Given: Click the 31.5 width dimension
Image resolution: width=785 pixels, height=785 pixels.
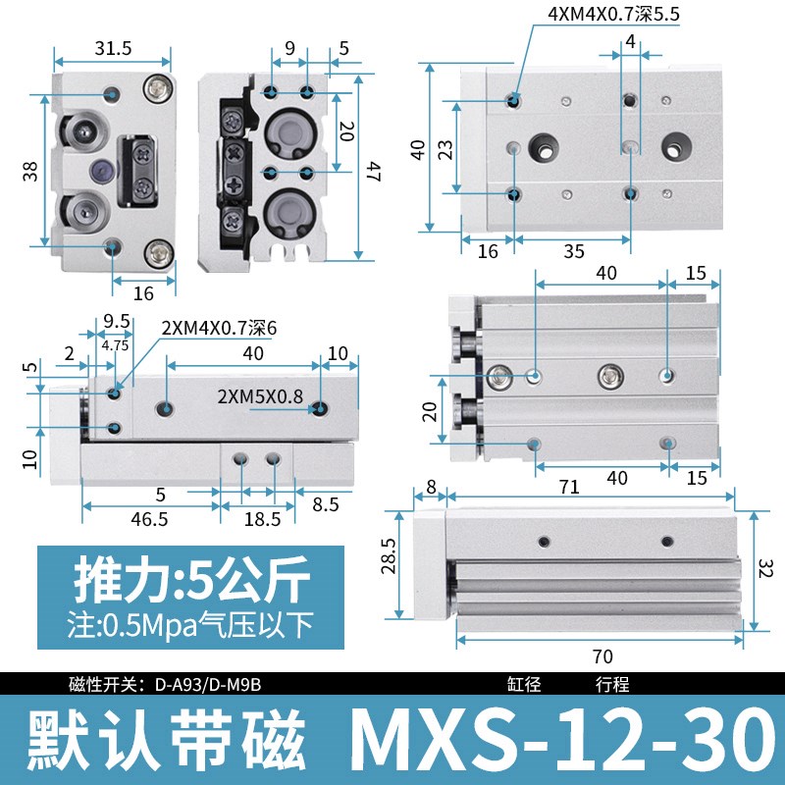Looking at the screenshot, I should [113, 48].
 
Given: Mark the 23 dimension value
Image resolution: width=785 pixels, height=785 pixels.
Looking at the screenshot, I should [445, 148].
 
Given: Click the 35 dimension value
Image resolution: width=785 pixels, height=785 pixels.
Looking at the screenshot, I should [574, 251].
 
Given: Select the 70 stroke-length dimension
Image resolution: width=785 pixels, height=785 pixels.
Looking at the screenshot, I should [602, 656].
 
